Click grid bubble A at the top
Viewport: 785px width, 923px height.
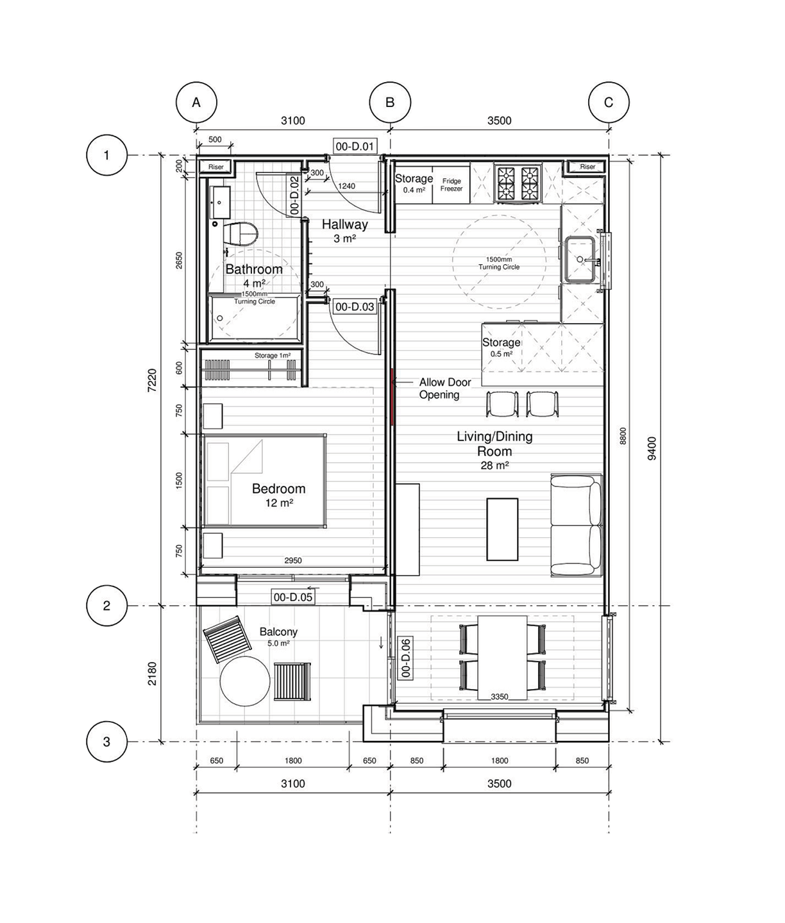(196, 103)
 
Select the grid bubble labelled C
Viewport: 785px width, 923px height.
(609, 103)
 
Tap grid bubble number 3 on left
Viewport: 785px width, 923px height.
(106, 742)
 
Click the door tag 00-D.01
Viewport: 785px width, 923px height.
(355, 146)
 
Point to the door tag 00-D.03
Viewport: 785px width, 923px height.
(355, 307)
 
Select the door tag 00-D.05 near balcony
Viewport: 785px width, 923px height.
(293, 597)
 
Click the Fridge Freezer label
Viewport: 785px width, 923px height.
(452, 185)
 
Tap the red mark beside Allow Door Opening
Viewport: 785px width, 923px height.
(392, 396)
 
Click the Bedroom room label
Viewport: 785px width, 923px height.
(278, 489)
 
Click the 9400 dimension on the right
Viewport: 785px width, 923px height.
(652, 449)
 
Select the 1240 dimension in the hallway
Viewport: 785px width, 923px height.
(346, 187)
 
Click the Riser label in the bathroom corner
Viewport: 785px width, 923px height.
(216, 167)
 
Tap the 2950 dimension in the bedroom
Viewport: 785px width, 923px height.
(293, 561)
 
